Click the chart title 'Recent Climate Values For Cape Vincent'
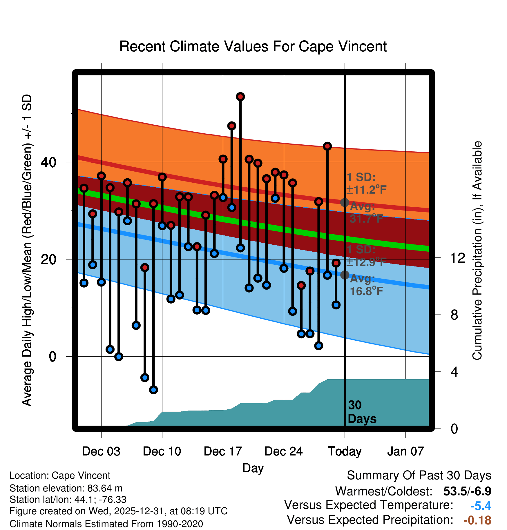(x=253, y=46)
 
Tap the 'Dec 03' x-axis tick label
(x=101, y=451)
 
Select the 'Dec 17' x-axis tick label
(x=223, y=451)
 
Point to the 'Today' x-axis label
(x=345, y=451)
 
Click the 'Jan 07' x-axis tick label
(x=405, y=451)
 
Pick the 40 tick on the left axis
(x=48, y=162)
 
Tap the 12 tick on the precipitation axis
(x=457, y=258)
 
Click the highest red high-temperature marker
(x=240, y=97)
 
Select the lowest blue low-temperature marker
(x=153, y=390)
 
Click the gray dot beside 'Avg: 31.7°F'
(x=345, y=202)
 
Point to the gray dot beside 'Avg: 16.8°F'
(x=345, y=275)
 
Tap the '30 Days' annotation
(x=362, y=412)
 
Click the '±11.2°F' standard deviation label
(x=366, y=190)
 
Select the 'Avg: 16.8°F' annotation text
(x=366, y=285)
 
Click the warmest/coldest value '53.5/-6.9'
(x=467, y=491)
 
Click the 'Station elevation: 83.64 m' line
(x=66, y=488)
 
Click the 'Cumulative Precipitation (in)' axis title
(x=477, y=251)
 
